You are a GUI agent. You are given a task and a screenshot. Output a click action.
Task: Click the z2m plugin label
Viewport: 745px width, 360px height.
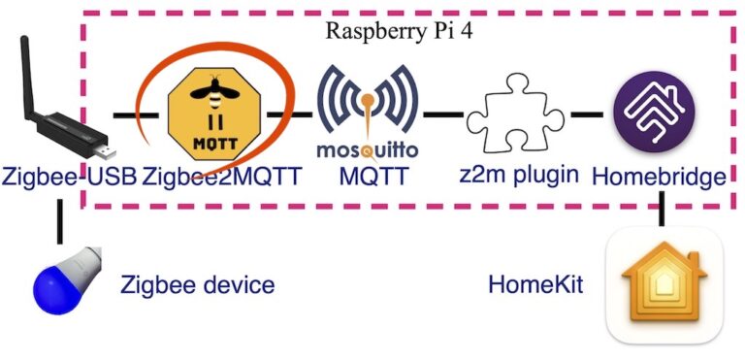(x=520, y=177)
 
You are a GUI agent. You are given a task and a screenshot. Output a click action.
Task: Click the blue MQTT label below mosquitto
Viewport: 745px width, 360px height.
(x=368, y=177)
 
